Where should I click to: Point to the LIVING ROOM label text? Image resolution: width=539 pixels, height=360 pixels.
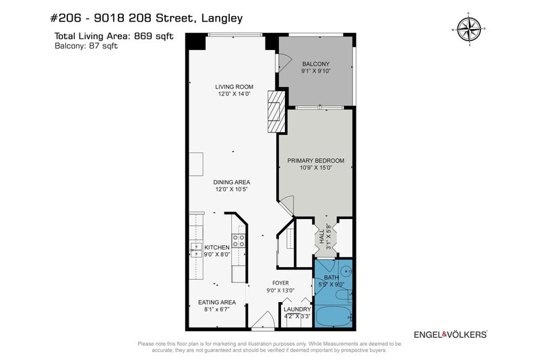tap(234, 86)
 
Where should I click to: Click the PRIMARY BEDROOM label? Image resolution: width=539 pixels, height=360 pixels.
tap(315, 160)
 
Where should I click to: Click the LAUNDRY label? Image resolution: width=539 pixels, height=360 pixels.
tap(296, 309)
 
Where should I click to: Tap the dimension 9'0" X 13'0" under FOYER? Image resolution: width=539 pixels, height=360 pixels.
tap(280, 291)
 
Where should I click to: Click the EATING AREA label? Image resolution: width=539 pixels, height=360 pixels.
tap(216, 303)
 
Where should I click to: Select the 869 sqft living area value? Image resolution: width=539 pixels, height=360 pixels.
tap(156, 36)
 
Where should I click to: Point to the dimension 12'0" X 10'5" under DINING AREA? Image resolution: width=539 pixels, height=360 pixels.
tap(232, 190)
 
